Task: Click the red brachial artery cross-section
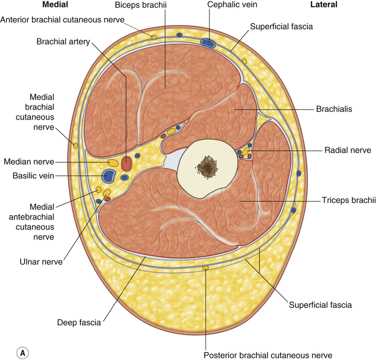(127, 163)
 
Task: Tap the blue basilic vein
(108, 175)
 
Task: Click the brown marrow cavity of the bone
(206, 167)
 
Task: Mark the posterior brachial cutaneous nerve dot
(205, 268)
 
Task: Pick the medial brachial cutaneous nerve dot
(75, 145)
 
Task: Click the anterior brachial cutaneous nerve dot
(153, 36)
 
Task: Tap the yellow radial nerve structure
(246, 150)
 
